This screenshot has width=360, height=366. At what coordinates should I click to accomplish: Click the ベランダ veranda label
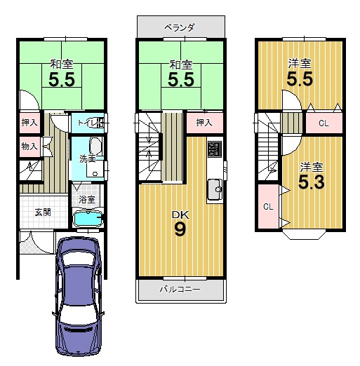point(179,28)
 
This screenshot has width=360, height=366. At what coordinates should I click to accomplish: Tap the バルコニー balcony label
point(180,290)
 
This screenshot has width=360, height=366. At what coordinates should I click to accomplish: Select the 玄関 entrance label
point(43,212)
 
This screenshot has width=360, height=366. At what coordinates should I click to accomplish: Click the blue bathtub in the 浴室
point(88,219)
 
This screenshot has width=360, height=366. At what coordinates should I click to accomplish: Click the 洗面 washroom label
point(87,158)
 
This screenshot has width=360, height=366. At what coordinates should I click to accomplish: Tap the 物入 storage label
point(29,147)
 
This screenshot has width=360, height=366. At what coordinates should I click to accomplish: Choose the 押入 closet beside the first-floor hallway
point(29,122)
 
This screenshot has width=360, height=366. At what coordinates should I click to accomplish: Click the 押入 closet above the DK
point(204,123)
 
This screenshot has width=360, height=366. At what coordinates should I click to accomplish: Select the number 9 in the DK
point(180,229)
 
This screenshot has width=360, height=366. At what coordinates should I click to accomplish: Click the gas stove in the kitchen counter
point(215,149)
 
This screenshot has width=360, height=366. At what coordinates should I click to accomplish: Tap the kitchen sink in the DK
point(215,189)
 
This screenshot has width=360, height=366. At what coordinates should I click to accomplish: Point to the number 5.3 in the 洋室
point(312,182)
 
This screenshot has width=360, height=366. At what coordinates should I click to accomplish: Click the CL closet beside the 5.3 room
point(269,207)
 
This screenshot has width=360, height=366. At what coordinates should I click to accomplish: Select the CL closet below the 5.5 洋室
point(324,123)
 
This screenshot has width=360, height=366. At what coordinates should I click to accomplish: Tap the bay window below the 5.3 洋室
point(304,235)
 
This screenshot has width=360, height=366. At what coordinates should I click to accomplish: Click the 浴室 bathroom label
point(87,199)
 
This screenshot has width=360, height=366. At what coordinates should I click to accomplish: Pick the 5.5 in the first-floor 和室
point(62,80)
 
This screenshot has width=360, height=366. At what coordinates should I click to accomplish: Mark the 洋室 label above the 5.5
point(300,64)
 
